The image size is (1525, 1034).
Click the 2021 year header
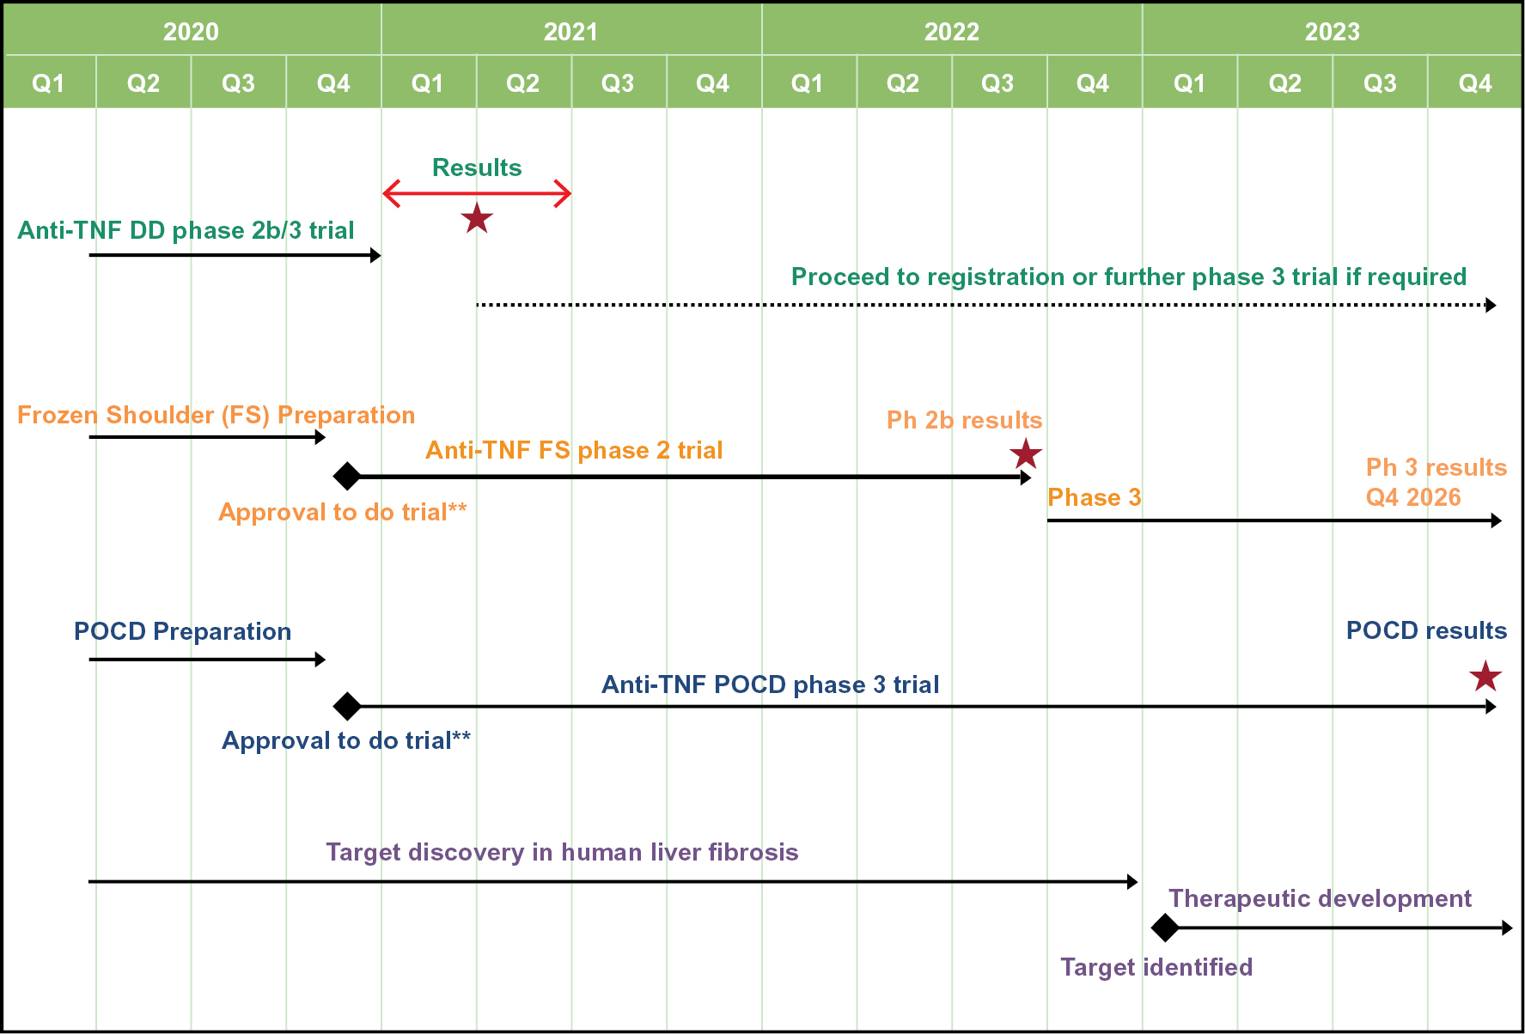click(570, 32)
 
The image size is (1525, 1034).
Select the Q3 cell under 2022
click(998, 83)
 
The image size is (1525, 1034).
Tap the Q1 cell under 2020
click(49, 83)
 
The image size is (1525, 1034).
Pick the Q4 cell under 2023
click(1474, 83)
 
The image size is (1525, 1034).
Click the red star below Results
click(477, 219)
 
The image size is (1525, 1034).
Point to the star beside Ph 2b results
click(1026, 453)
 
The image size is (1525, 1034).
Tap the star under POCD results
click(1485, 677)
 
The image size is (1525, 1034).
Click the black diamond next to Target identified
click(1165, 928)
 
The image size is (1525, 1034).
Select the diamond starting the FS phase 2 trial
click(347, 475)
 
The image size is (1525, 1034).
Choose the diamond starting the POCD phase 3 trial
click(347, 706)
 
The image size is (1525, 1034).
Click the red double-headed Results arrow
click(477, 194)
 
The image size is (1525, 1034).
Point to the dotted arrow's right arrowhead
click(1491, 305)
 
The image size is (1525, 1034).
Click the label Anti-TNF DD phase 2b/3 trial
click(186, 230)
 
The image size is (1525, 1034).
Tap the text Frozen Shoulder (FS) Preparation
click(216, 416)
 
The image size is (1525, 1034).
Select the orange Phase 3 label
click(1094, 497)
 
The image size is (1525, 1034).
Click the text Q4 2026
click(1413, 497)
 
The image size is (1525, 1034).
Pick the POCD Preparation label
click(182, 631)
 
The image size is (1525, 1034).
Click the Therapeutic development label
click(1320, 898)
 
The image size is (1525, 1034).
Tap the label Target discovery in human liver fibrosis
click(562, 852)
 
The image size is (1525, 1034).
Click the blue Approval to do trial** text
click(346, 740)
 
